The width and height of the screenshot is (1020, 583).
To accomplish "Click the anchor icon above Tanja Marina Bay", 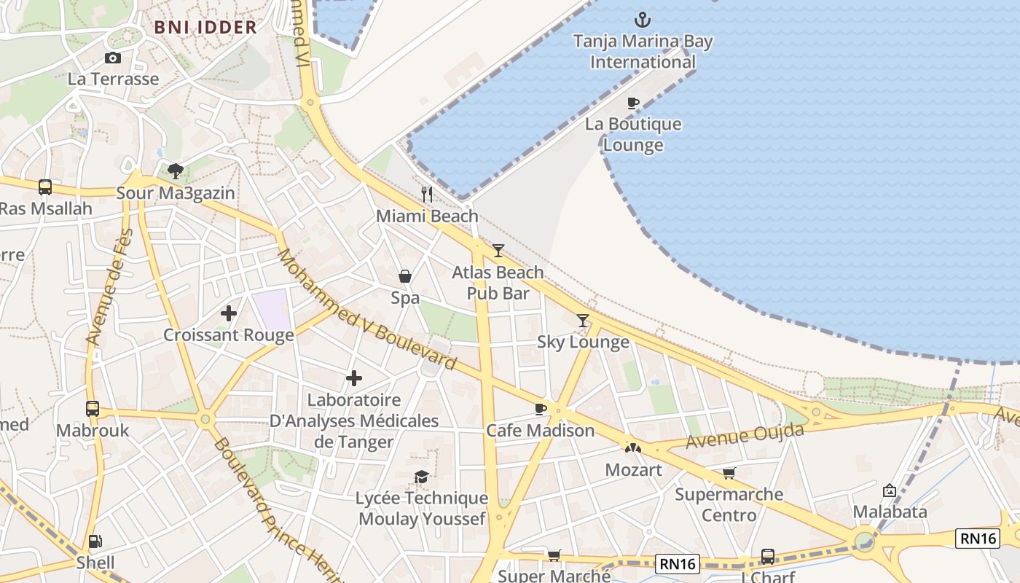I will [643, 20].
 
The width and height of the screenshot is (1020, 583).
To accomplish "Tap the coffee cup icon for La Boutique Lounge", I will [633, 103].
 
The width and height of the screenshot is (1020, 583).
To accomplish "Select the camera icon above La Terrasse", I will [113, 58].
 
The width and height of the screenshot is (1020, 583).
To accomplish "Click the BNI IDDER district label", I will [205, 28].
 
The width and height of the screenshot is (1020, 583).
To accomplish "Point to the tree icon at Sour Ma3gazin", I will [175, 171].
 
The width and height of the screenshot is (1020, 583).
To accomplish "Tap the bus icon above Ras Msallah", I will [45, 187].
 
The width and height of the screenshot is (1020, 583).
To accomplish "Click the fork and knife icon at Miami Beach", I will [427, 195].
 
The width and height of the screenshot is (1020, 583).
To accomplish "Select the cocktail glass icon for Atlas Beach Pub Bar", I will [498, 251].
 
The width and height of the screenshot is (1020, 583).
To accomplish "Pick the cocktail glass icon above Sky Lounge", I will [583, 321].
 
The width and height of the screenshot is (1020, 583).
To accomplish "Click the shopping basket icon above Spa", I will [405, 277].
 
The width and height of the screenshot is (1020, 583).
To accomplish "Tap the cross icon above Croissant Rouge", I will [229, 313].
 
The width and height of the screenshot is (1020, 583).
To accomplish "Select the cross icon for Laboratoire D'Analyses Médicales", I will [354, 378].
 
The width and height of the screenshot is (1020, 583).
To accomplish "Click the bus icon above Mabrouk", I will [93, 409].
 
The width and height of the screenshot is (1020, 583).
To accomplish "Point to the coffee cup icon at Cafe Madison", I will [540, 409].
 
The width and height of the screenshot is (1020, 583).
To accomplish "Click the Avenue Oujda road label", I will [745, 437].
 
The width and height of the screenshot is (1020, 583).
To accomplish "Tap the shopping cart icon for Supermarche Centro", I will [729, 473].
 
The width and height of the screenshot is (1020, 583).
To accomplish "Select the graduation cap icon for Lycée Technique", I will [421, 477].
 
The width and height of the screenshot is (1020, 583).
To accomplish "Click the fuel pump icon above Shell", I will [95, 541].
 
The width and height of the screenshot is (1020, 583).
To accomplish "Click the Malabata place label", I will [890, 512].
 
